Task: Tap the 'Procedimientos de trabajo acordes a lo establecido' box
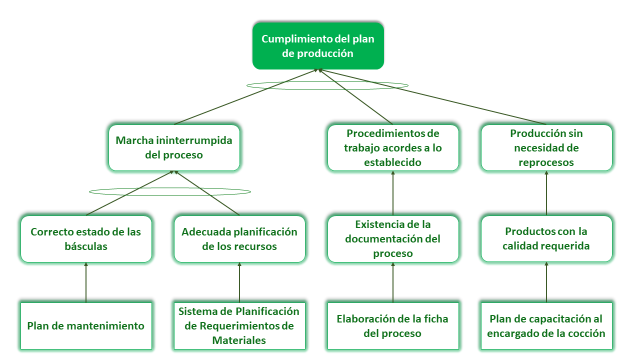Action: (x=393, y=148)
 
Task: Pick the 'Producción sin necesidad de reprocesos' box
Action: (x=547, y=148)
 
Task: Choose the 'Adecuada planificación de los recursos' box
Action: (x=239, y=238)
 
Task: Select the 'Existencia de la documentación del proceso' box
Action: (x=393, y=238)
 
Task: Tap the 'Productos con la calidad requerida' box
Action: (x=547, y=238)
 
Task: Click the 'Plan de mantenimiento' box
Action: (x=85, y=325)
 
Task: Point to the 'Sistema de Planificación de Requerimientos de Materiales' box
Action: (x=239, y=325)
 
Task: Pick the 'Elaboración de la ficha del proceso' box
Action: (x=393, y=325)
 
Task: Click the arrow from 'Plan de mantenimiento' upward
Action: (x=86, y=281)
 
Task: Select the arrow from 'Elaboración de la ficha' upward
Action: (x=393, y=281)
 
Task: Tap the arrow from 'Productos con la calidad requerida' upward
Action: (x=547, y=194)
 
